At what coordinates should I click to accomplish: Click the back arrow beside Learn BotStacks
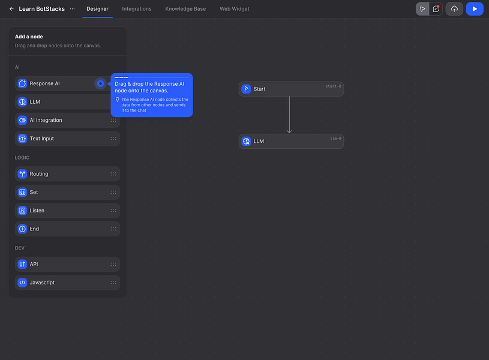tap(11, 9)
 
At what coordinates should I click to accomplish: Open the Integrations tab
tap(137, 9)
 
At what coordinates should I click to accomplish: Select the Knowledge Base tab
tap(185, 9)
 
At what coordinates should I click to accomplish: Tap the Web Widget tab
tap(234, 9)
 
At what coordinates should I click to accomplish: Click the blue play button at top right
tap(475, 9)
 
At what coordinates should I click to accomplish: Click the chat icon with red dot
tap(436, 9)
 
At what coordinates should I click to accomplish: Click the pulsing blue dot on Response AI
tap(100, 83)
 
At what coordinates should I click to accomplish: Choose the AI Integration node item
tap(67, 120)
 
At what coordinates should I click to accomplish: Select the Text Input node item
tap(67, 139)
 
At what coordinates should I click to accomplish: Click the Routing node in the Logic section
tap(67, 174)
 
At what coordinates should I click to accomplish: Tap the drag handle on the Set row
tap(113, 192)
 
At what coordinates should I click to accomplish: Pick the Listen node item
tap(67, 211)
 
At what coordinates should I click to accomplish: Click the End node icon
tap(22, 229)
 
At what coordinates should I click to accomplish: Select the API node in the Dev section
tap(67, 264)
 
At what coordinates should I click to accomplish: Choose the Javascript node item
tap(67, 283)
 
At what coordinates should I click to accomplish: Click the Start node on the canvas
tap(291, 89)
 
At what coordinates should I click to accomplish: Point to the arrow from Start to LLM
tap(289, 115)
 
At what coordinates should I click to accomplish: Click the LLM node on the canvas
tap(291, 142)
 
